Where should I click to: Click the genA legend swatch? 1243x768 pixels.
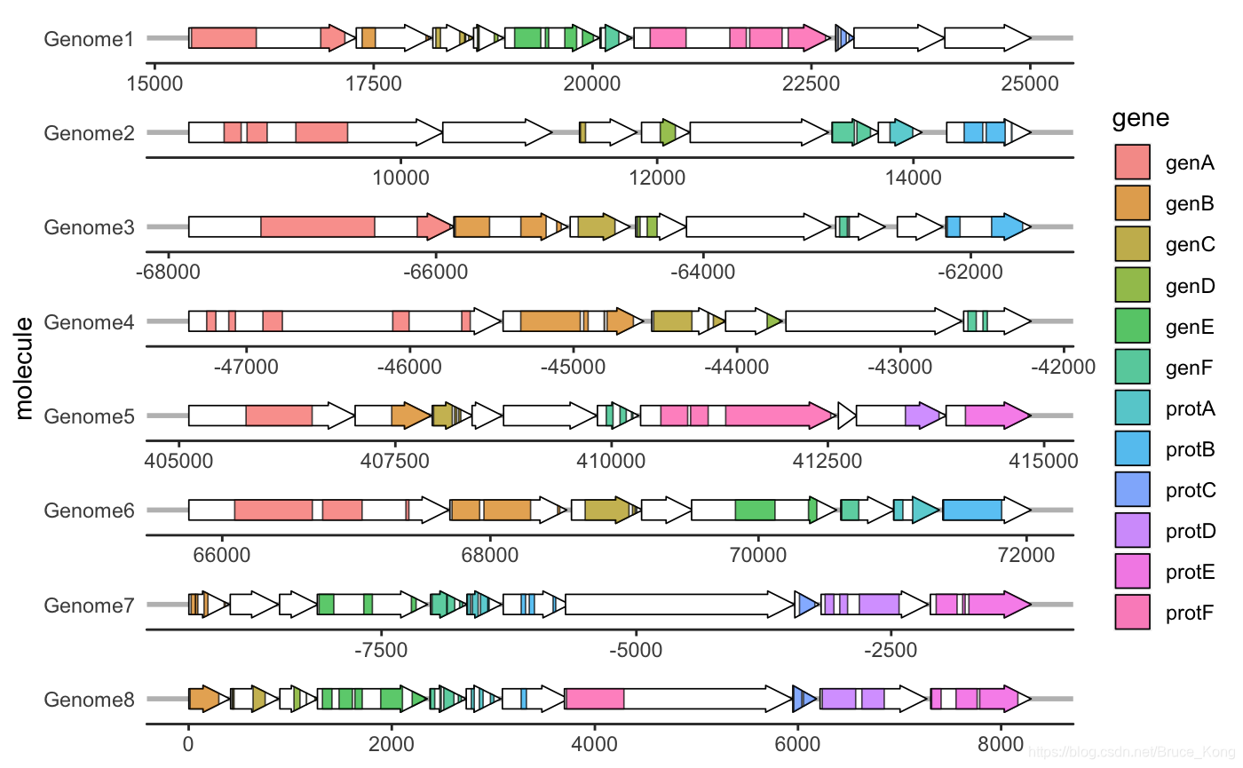click(1132, 162)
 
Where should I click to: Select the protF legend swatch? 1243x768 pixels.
click(1132, 612)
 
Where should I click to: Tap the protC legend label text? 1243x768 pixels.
click(1191, 490)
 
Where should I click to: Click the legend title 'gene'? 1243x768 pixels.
click(1140, 119)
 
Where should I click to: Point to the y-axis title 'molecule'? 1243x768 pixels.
click(23, 368)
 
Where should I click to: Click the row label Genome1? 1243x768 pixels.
click(89, 39)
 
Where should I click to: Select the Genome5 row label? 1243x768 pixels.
click(89, 416)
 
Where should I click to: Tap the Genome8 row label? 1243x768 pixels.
click(89, 700)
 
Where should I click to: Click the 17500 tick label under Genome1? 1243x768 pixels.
click(374, 83)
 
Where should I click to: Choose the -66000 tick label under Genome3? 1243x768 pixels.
click(436, 272)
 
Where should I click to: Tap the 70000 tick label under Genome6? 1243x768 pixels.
click(758, 555)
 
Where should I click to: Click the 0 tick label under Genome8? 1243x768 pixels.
click(188, 744)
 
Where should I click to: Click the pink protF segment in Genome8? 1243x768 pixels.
click(595, 699)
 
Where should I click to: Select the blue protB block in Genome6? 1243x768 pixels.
click(973, 510)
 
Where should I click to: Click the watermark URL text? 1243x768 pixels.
click(1131, 752)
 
